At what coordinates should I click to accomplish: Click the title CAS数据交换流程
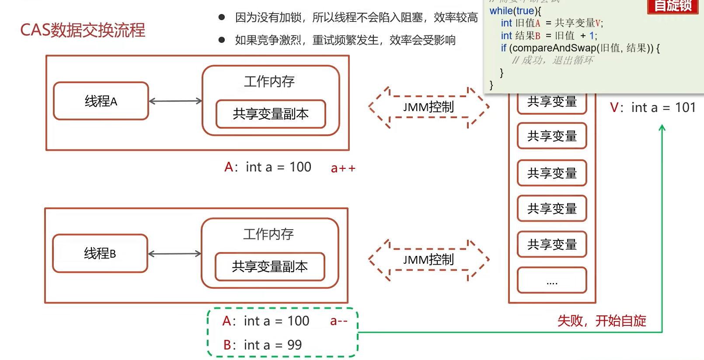click(83, 30)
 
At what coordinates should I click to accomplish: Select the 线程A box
click(101, 101)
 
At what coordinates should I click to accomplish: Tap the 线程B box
click(100, 253)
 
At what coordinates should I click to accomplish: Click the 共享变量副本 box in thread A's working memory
click(271, 114)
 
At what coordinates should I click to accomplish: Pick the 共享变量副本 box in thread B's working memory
click(270, 266)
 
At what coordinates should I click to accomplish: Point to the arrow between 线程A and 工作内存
click(175, 101)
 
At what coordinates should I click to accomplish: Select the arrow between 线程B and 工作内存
click(174, 254)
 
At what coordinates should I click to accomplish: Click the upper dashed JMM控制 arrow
click(429, 107)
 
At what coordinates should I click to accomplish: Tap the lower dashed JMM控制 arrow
click(429, 260)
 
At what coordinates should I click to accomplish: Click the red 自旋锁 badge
click(673, 6)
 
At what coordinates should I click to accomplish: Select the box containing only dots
click(552, 280)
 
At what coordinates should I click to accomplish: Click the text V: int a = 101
click(652, 108)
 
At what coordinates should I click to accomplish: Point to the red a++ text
click(343, 168)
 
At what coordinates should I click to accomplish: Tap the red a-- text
click(339, 321)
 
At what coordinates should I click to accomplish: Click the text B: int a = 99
click(262, 345)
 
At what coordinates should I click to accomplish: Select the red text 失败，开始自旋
click(602, 321)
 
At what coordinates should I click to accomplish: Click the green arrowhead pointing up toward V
click(662, 128)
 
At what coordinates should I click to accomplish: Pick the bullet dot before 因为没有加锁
click(222, 17)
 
